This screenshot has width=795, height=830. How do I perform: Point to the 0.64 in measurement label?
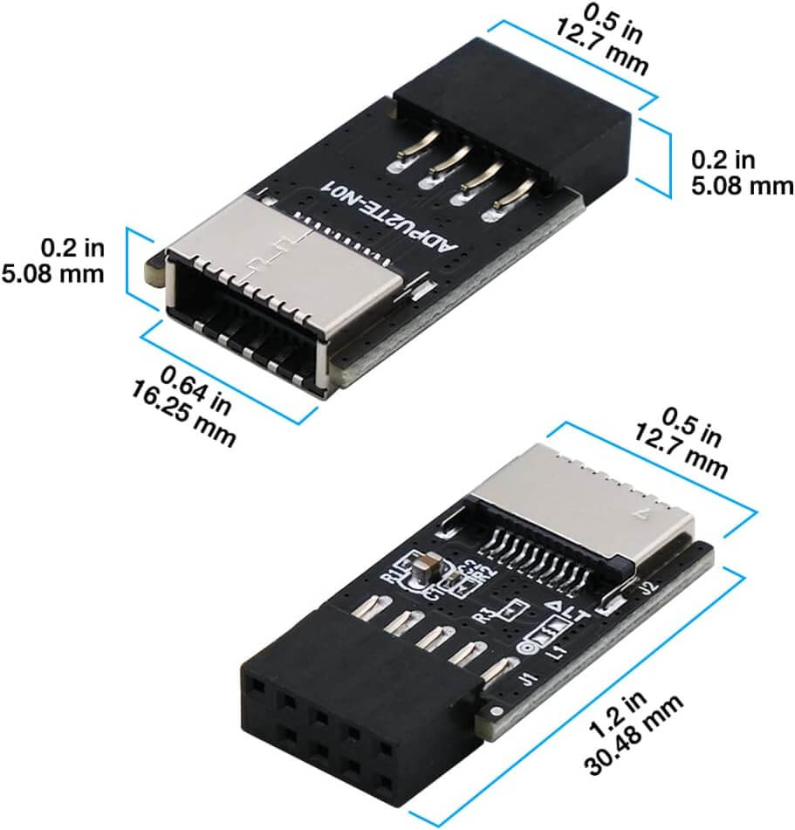tap(200, 389)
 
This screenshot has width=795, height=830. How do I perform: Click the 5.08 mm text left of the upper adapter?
tap(52, 273)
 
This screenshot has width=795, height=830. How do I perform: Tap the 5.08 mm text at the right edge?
tap(743, 185)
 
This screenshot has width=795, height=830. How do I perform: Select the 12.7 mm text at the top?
tap(602, 51)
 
